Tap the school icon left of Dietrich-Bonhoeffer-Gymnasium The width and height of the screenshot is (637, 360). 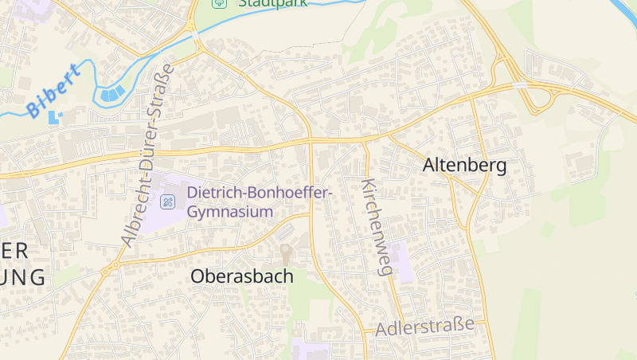(168, 201)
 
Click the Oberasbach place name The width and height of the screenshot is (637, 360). (241, 276)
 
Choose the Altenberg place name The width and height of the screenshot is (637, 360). (465, 166)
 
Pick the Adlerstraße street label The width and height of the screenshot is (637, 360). (425, 327)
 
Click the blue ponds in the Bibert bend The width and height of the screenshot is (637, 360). (112, 94)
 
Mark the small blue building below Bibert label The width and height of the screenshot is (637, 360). (55, 117)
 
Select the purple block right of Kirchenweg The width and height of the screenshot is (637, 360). (402, 260)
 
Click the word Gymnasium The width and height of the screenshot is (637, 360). (231, 212)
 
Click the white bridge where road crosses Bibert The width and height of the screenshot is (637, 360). (194, 36)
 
